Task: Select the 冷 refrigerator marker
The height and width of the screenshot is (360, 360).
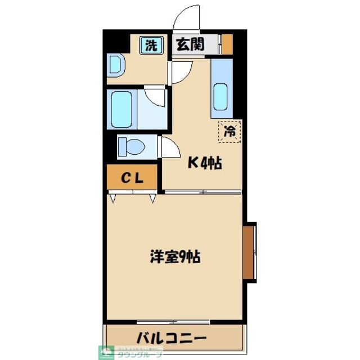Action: click(x=230, y=132)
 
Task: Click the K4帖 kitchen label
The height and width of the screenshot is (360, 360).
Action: click(x=204, y=164)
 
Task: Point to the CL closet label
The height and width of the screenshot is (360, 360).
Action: click(x=133, y=178)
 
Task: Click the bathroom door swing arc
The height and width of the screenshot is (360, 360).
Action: click(x=155, y=97)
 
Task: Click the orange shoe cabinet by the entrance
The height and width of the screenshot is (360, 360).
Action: click(x=227, y=44)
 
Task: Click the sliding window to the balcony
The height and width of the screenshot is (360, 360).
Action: click(x=175, y=322)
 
